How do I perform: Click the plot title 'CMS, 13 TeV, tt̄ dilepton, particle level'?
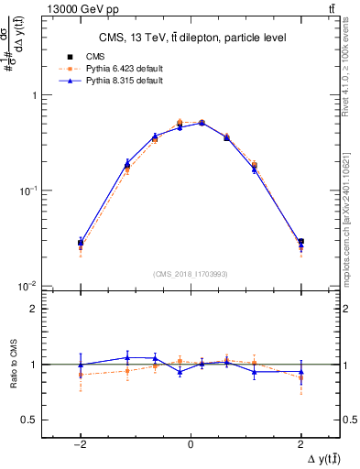tap(190, 38)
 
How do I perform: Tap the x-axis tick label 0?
tap(191, 443)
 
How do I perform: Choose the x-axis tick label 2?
tap(300, 443)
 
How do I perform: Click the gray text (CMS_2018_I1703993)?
tap(190, 274)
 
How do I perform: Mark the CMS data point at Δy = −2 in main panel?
tap(81, 243)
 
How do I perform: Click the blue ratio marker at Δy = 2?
tap(300, 371)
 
